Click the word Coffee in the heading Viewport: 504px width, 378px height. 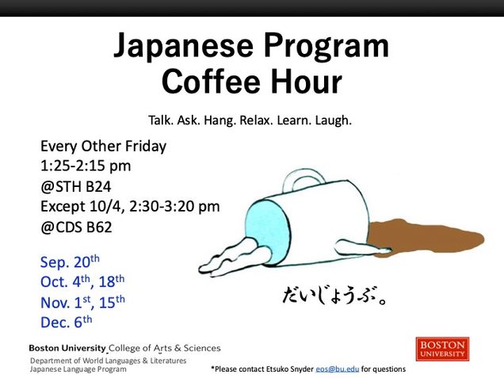point(211,82)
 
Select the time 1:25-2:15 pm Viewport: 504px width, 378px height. point(86,166)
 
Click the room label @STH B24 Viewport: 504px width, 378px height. point(76,187)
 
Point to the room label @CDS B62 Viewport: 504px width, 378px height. point(76,227)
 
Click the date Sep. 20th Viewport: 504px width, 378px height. point(70,262)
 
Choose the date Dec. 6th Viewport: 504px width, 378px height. point(67,322)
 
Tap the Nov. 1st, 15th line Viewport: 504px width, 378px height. point(82,302)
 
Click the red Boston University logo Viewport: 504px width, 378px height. point(442,349)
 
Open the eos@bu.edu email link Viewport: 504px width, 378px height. point(337,369)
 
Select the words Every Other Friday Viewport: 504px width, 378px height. point(104,147)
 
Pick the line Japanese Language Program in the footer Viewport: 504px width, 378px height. point(78,369)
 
